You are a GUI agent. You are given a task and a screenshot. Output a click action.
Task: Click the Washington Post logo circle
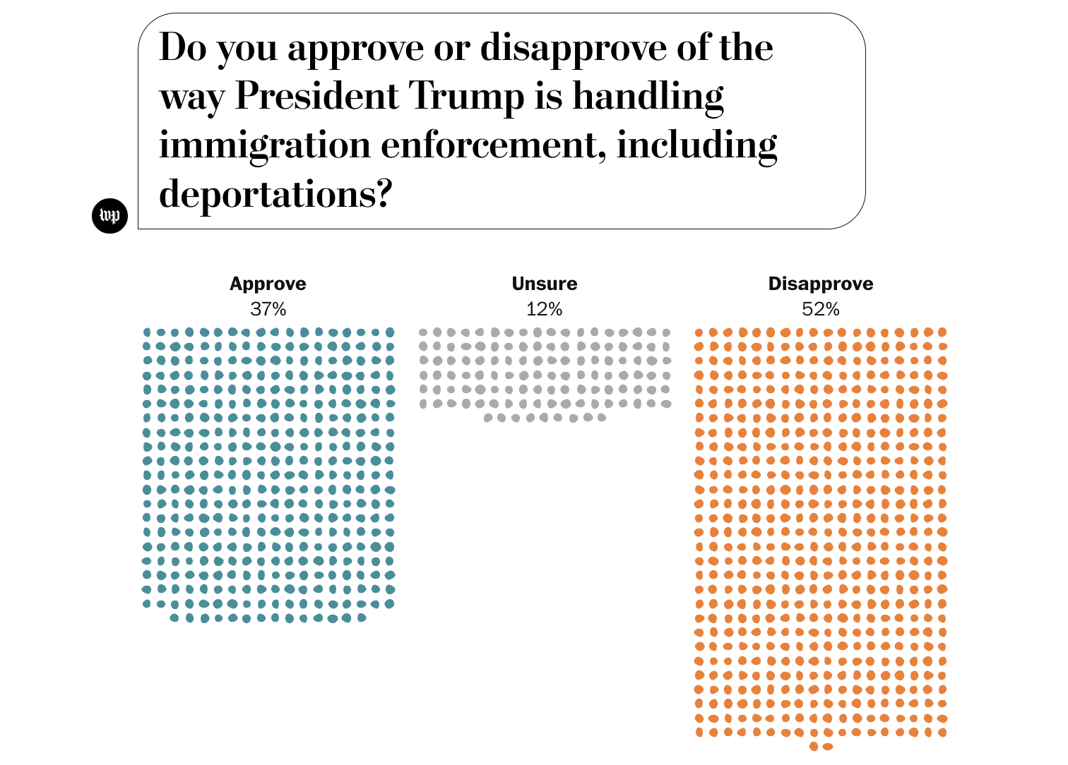tap(110, 215)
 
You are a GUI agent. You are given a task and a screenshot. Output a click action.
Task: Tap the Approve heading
tap(268, 284)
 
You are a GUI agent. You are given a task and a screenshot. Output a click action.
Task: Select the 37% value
tap(268, 309)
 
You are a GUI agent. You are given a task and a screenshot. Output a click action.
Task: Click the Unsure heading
tap(545, 284)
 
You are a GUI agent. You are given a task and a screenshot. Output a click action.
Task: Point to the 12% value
tap(545, 309)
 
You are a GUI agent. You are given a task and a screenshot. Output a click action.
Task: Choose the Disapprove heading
tap(821, 284)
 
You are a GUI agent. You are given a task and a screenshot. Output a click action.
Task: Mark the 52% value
tap(821, 309)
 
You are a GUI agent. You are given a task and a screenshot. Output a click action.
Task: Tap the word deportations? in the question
tap(275, 193)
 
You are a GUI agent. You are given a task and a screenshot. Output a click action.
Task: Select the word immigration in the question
tap(265, 145)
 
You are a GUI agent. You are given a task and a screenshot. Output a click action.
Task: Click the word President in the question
tap(316, 96)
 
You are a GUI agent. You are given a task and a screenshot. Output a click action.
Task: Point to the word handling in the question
tap(648, 96)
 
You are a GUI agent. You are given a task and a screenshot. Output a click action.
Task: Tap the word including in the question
tap(696, 145)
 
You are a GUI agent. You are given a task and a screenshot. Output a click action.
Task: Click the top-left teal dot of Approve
tap(147, 332)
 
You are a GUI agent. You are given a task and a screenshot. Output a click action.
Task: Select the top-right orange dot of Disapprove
tap(942, 332)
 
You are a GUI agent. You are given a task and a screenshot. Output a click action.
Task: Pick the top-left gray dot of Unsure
tap(423, 332)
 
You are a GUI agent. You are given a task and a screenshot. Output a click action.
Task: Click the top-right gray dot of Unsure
tap(665, 332)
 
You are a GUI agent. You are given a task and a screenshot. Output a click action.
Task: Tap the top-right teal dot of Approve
tap(389, 332)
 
